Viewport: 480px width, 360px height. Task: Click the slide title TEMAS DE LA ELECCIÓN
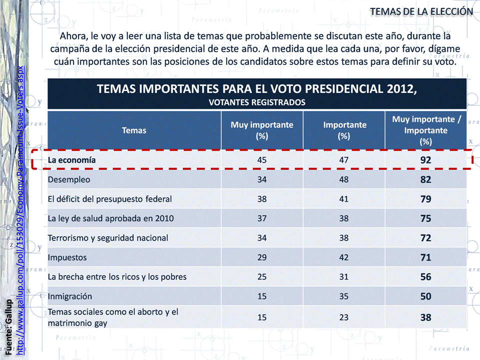[x=421, y=11]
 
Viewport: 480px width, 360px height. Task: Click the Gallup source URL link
[x=20, y=210]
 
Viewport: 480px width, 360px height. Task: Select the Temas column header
[x=134, y=130]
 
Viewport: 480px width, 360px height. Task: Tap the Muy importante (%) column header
[x=262, y=130]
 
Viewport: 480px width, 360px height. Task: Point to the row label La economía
[x=71, y=160]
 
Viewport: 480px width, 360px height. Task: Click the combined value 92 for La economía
[x=426, y=160]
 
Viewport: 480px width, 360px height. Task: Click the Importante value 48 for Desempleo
[x=344, y=179]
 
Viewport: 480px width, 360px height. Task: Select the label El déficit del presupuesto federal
[x=109, y=199]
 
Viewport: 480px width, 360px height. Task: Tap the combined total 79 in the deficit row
[x=426, y=199]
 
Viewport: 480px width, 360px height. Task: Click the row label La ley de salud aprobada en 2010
[x=110, y=218]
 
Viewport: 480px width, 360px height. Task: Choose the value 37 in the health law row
[x=262, y=218]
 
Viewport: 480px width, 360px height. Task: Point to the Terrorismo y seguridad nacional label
[x=107, y=238]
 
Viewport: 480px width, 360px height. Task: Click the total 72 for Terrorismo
[x=426, y=238]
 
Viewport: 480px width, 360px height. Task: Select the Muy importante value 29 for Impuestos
[x=262, y=257]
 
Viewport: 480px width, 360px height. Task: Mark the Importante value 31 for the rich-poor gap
[x=344, y=277]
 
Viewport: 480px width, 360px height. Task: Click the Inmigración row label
[x=70, y=296]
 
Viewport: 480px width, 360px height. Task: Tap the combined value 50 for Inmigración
[x=426, y=296]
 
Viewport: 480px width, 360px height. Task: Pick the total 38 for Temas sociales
[x=426, y=317]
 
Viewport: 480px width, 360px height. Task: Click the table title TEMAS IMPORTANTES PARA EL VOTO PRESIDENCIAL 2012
[x=257, y=90]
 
